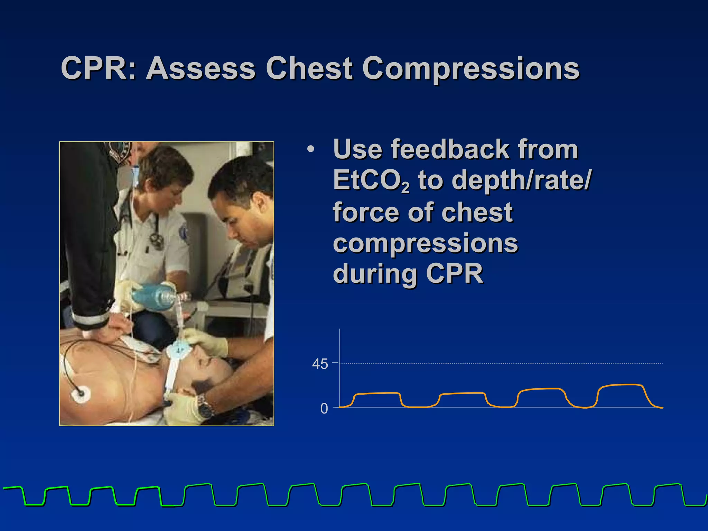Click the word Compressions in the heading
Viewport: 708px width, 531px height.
(x=471, y=69)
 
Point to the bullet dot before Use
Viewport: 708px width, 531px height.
(x=310, y=150)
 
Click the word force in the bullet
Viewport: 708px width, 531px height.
(x=365, y=212)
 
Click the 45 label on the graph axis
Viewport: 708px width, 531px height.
(x=320, y=364)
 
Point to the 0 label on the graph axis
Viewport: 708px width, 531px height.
(x=324, y=409)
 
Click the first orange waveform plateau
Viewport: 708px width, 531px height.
(x=377, y=393)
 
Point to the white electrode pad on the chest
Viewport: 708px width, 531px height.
(x=80, y=394)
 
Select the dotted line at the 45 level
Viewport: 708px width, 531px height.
(x=501, y=363)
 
